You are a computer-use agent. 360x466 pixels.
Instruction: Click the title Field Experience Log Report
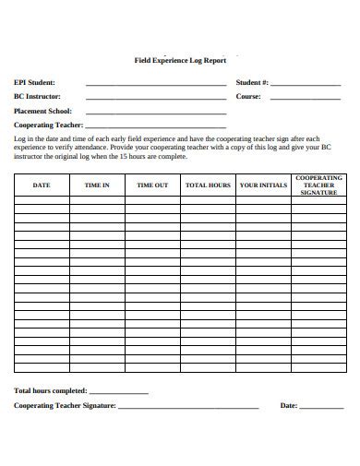(181, 58)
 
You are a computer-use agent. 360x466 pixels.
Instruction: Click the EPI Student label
(35, 82)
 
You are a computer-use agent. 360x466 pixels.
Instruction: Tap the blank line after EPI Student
(155, 85)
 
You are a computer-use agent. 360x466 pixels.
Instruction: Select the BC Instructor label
(38, 96)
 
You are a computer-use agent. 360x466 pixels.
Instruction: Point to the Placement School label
(42, 111)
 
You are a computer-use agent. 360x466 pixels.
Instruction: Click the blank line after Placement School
(155, 113)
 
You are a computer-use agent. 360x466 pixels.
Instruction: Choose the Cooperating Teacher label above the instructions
(48, 125)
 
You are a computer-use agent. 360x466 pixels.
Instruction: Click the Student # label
(252, 82)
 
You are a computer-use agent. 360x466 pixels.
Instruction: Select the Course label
(248, 96)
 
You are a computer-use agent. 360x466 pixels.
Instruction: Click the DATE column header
(42, 185)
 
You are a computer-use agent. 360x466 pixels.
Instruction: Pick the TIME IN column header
(97, 185)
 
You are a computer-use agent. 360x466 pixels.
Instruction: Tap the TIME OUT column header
(152, 185)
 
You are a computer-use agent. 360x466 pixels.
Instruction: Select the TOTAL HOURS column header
(208, 185)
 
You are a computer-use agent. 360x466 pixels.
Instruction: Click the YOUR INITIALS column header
(263, 185)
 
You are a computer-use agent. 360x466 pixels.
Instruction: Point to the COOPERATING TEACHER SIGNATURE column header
(318, 185)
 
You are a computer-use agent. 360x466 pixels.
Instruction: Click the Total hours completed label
(50, 390)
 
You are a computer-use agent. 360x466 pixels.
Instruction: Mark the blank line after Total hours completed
(117, 393)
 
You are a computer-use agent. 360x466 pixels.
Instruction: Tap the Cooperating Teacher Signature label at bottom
(65, 405)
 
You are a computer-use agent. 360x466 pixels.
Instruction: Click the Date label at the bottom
(288, 405)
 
